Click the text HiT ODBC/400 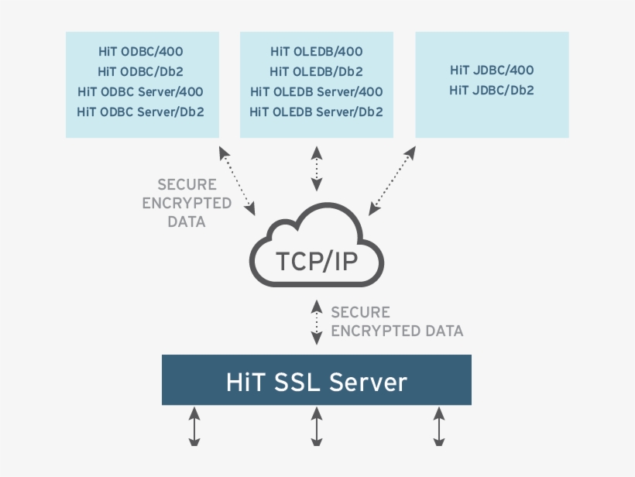coord(140,52)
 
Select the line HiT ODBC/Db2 coord(140,72)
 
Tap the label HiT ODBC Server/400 coord(140,91)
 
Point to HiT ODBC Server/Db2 coord(140,112)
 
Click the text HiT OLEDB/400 coord(316,52)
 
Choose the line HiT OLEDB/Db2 coord(316,72)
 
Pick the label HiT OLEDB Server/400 coord(316,91)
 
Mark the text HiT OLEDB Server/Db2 coord(316,112)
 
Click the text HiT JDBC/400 coord(492,70)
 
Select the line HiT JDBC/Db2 coord(492,90)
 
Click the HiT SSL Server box coord(316,380)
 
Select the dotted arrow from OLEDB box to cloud coord(316,167)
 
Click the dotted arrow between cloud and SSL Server coord(316,321)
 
